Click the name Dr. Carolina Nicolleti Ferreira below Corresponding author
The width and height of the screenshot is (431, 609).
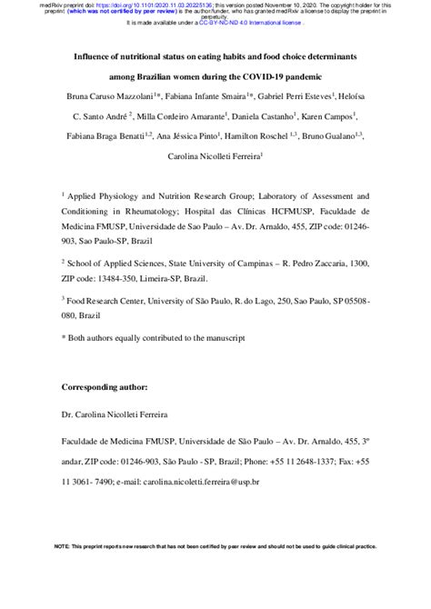(x=121, y=414)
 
